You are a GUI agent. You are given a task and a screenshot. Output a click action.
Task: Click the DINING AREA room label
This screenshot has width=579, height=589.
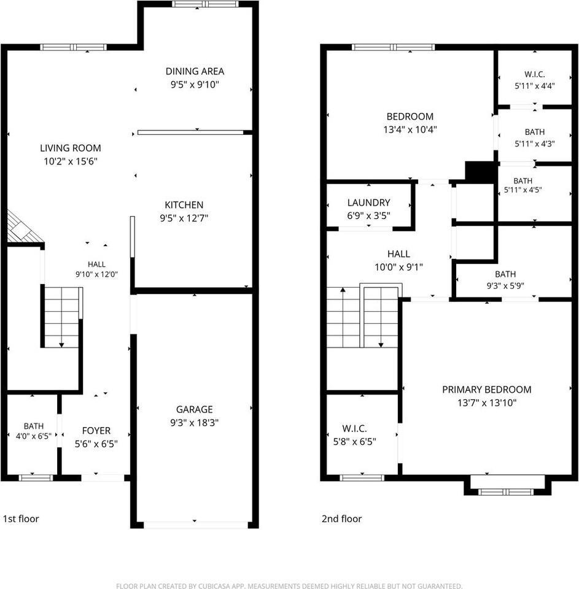[195, 71]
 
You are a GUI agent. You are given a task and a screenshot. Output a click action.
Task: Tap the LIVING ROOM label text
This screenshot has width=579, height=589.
[71, 148]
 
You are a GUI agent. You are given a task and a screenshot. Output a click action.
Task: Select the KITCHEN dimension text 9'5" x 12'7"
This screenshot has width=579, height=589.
[184, 218]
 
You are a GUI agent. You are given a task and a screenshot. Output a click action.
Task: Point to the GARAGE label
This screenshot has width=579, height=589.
[195, 409]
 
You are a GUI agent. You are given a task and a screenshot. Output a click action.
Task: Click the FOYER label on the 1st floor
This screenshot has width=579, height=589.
[96, 431]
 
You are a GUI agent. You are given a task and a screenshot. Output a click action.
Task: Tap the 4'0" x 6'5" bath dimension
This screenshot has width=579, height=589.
[33, 436]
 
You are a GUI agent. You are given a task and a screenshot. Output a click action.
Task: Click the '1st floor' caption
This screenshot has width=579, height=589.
[21, 519]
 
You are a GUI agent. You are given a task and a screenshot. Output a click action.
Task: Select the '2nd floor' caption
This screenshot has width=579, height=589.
[341, 519]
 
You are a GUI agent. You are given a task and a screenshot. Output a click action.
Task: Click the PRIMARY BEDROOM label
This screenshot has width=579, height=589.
[486, 390]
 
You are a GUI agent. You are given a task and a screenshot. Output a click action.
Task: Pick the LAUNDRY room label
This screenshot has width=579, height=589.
[368, 203]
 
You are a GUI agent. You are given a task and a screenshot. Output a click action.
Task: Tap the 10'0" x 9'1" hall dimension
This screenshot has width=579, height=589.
[398, 267]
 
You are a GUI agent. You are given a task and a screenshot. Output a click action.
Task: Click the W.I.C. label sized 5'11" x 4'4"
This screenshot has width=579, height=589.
[535, 74]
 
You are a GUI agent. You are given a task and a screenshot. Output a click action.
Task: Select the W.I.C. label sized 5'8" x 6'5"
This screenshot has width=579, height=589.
[354, 429]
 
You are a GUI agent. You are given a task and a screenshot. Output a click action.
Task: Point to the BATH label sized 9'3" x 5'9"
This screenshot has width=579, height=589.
[505, 274]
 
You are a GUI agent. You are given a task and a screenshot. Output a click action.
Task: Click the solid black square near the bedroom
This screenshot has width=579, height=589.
[480, 172]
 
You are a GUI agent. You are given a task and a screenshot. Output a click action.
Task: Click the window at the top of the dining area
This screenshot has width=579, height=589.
[205, 4]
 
